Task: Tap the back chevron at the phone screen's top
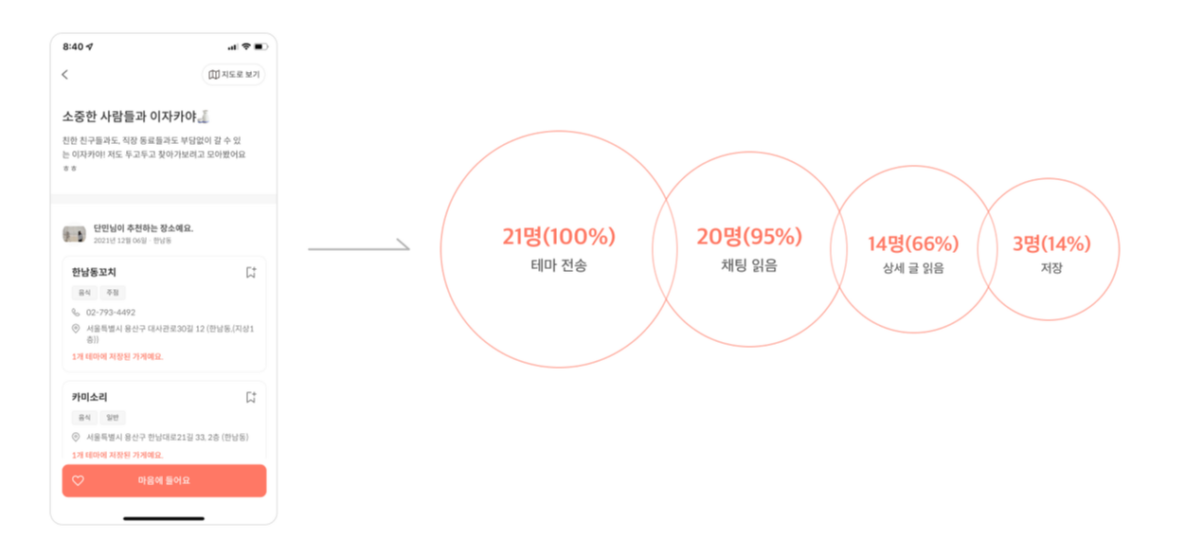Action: point(64,75)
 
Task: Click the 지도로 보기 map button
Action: point(233,75)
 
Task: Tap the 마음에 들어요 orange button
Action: point(164,480)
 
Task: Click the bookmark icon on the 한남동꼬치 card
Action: point(251,273)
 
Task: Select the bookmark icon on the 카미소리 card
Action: point(251,398)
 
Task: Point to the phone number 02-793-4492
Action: point(111,312)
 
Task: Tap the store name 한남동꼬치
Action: point(94,273)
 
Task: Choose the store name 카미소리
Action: point(89,398)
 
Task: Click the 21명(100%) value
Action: point(559,237)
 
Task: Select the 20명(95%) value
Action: point(749,237)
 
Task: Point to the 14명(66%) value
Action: point(913,243)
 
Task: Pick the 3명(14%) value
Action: point(1051,243)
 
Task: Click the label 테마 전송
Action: point(559,266)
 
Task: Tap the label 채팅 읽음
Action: point(749,266)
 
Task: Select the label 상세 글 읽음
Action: point(913,268)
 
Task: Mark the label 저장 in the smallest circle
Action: point(1051,268)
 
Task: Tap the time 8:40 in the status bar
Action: point(73,46)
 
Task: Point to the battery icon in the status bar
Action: point(260,46)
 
